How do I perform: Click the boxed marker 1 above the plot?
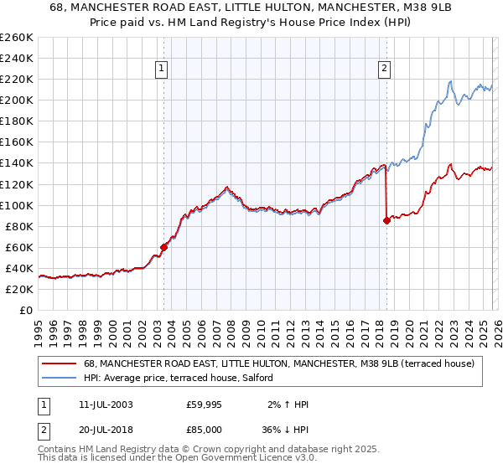(x=160, y=70)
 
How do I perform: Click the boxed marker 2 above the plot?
(x=384, y=70)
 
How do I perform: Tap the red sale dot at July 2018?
(x=386, y=221)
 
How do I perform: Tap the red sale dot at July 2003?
(x=164, y=247)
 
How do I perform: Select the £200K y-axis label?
(x=17, y=100)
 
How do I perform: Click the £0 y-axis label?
(x=25, y=310)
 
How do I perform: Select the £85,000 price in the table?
(x=205, y=430)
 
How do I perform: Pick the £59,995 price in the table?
(x=205, y=405)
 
